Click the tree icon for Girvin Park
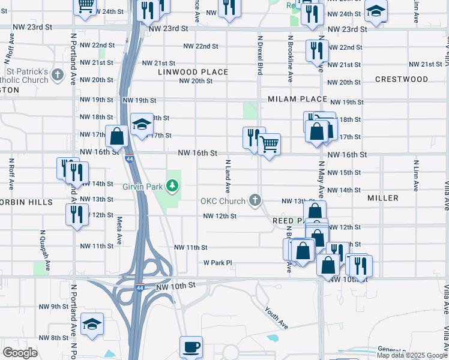[x=173, y=186]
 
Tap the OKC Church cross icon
[x=255, y=200]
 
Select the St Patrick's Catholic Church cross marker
[x=57, y=75]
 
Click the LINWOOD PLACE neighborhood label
[x=193, y=72]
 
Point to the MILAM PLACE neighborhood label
[x=297, y=99]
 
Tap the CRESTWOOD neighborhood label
[x=402, y=79]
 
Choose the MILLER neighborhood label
[x=383, y=198]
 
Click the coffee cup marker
[x=191, y=347]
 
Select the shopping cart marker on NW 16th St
[x=270, y=143]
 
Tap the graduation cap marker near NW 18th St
[x=142, y=124]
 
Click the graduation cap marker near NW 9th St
[x=92, y=323]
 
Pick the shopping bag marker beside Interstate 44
[x=116, y=136]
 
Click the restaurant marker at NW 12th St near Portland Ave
[x=77, y=214]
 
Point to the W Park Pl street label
[x=217, y=263]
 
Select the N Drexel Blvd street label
[x=260, y=57]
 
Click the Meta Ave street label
[x=119, y=230]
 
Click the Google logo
[x=20, y=353]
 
